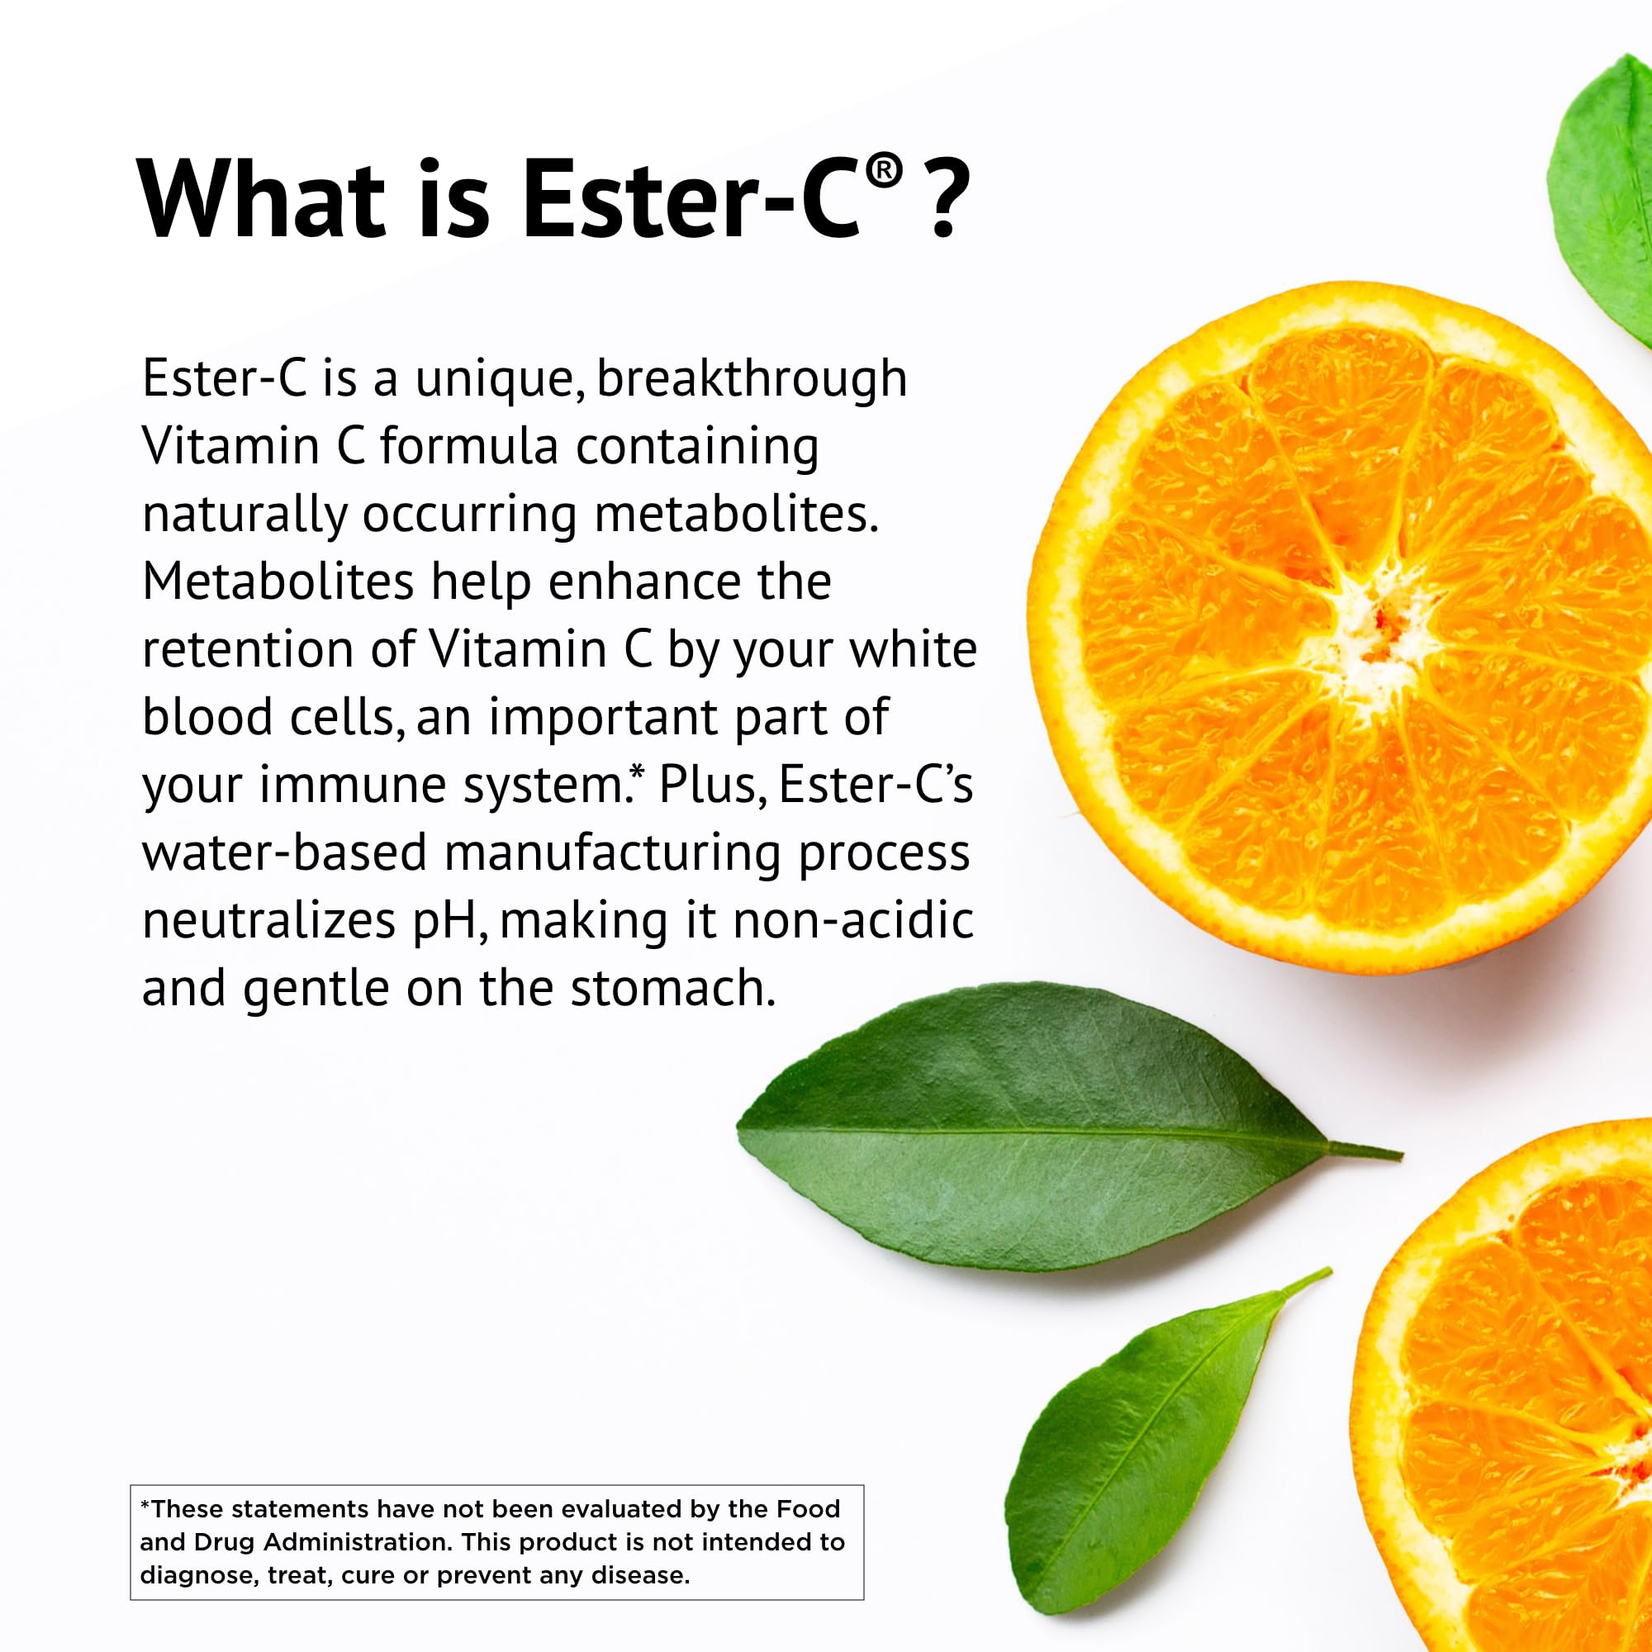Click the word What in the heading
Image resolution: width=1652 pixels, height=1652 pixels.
tap(261, 198)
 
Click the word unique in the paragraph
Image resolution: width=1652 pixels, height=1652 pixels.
tap(493, 380)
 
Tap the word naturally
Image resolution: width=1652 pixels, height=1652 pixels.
tap(244, 515)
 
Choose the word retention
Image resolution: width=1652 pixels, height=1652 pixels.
tap(248, 649)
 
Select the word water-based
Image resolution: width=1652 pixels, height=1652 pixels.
tap(284, 852)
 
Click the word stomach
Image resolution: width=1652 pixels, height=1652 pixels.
tap(672, 988)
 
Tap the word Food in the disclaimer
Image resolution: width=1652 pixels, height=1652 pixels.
tap(808, 1508)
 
